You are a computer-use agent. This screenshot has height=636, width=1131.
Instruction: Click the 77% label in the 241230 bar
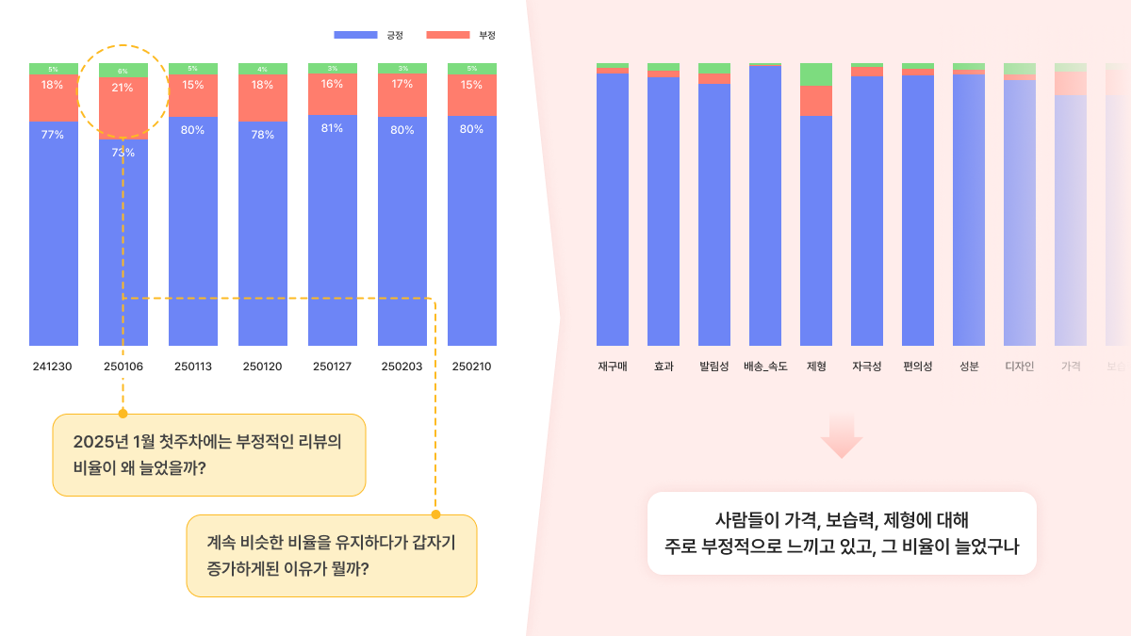[x=53, y=135]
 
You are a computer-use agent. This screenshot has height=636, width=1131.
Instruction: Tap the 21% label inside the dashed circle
[x=123, y=88]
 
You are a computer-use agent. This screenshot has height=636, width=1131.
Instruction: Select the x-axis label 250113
[x=192, y=366]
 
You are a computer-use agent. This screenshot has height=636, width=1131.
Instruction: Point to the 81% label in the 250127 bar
[x=332, y=128]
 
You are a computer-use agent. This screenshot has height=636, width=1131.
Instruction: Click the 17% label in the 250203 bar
[x=402, y=84]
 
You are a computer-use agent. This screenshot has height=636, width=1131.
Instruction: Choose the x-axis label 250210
[x=471, y=366]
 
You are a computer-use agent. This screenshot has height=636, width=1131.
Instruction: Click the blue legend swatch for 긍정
[x=355, y=35]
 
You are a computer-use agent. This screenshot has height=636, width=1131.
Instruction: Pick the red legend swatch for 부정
[x=448, y=35]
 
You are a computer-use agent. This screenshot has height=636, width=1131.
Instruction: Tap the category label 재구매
[x=613, y=366]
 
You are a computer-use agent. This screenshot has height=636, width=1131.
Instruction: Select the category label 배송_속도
[x=764, y=366]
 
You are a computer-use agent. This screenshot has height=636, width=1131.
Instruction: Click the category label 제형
[x=816, y=366]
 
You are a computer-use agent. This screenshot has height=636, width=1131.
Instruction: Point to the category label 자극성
[x=867, y=366]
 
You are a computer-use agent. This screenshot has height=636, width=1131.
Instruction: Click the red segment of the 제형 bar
[x=816, y=101]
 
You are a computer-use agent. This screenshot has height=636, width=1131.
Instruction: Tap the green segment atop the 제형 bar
[x=816, y=74]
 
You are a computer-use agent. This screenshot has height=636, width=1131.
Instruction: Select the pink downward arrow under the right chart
[x=842, y=434]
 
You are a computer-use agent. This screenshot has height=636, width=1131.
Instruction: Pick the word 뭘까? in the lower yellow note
[x=350, y=569]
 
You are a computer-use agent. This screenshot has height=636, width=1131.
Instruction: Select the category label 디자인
[x=1020, y=366]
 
